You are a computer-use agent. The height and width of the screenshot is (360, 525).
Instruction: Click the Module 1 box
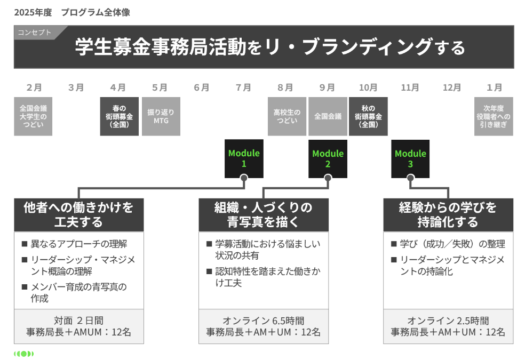click(x=244, y=158)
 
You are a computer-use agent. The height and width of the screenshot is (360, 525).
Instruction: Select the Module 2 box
click(x=328, y=158)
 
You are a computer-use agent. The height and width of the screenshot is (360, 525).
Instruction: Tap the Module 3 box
click(x=410, y=158)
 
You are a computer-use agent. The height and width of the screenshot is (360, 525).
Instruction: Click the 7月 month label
click(x=243, y=87)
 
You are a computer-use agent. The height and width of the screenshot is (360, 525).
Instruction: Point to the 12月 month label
click(x=452, y=87)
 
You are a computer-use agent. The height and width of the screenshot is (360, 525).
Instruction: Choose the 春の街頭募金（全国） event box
click(x=118, y=116)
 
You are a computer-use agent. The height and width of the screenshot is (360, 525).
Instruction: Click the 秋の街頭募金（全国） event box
click(x=368, y=116)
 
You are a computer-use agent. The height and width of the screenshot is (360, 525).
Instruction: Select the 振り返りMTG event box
click(x=161, y=116)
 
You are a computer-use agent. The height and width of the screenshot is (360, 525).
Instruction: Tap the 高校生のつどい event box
click(x=287, y=116)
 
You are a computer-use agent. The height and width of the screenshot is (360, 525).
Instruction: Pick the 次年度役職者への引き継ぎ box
click(x=494, y=116)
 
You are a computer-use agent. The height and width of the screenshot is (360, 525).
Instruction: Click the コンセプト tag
click(x=35, y=33)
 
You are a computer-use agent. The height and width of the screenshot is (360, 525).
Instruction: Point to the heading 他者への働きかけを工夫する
click(x=78, y=214)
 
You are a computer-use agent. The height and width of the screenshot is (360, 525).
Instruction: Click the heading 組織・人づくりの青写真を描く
click(x=264, y=214)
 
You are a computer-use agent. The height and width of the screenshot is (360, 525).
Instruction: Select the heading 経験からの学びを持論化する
click(x=448, y=214)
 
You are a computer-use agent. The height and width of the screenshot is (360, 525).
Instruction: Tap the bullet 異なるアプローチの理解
click(x=78, y=244)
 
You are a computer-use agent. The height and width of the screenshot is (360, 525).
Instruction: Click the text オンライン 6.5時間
click(x=264, y=321)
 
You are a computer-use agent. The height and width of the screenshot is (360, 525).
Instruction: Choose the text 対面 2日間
click(x=78, y=321)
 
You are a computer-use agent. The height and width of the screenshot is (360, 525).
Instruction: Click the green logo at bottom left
click(x=24, y=354)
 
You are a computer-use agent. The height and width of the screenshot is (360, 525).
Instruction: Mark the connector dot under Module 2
click(x=328, y=178)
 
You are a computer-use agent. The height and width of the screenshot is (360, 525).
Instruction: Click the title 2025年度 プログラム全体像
click(x=71, y=12)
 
